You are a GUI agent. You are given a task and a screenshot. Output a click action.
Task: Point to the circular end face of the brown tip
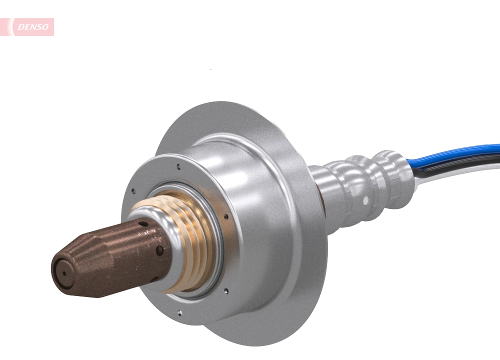click(x=64, y=272)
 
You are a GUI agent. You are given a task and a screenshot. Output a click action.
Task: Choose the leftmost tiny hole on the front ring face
click(x=133, y=190)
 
